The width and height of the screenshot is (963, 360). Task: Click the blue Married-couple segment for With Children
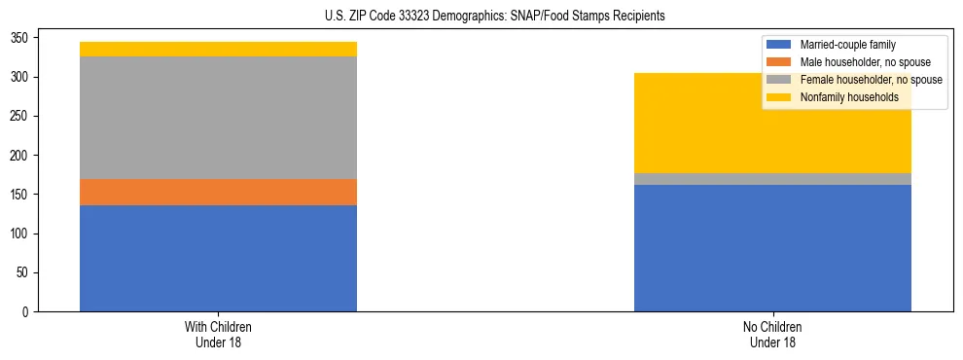[218, 258]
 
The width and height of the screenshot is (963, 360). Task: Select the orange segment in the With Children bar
[218, 192]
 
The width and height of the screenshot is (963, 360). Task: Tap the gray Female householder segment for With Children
[218, 118]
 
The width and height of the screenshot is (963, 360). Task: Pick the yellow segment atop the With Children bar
[218, 49]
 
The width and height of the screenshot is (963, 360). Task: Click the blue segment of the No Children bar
[772, 248]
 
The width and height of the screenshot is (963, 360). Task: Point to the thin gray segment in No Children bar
[772, 179]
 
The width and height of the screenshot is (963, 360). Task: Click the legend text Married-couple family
[847, 45]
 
